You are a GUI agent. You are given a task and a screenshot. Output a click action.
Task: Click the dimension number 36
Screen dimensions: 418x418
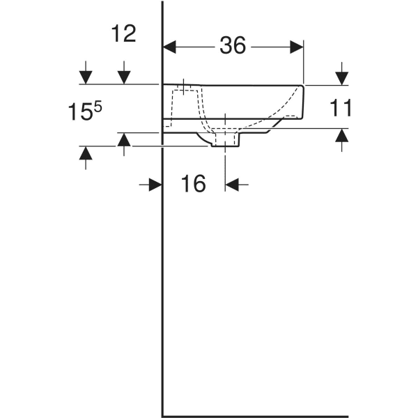(x=233, y=45)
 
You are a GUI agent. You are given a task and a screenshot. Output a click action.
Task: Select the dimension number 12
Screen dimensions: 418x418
(x=124, y=33)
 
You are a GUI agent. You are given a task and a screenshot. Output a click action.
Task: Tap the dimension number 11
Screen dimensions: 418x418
(x=341, y=107)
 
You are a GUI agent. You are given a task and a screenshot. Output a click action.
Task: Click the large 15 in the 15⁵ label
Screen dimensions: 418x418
(x=79, y=112)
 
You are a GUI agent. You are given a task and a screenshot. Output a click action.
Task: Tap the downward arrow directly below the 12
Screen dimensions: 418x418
(x=124, y=74)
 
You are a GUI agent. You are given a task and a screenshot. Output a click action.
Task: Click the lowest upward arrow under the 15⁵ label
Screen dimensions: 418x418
(x=85, y=156)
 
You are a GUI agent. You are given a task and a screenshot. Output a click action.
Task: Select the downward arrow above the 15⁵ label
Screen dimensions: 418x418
(x=85, y=74)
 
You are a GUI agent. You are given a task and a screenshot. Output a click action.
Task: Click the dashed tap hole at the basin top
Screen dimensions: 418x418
(x=183, y=88)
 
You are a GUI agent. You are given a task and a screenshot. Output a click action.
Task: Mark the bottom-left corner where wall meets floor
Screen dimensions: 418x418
(x=162, y=411)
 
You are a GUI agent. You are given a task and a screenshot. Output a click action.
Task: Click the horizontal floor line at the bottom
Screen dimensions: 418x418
(x=279, y=411)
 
